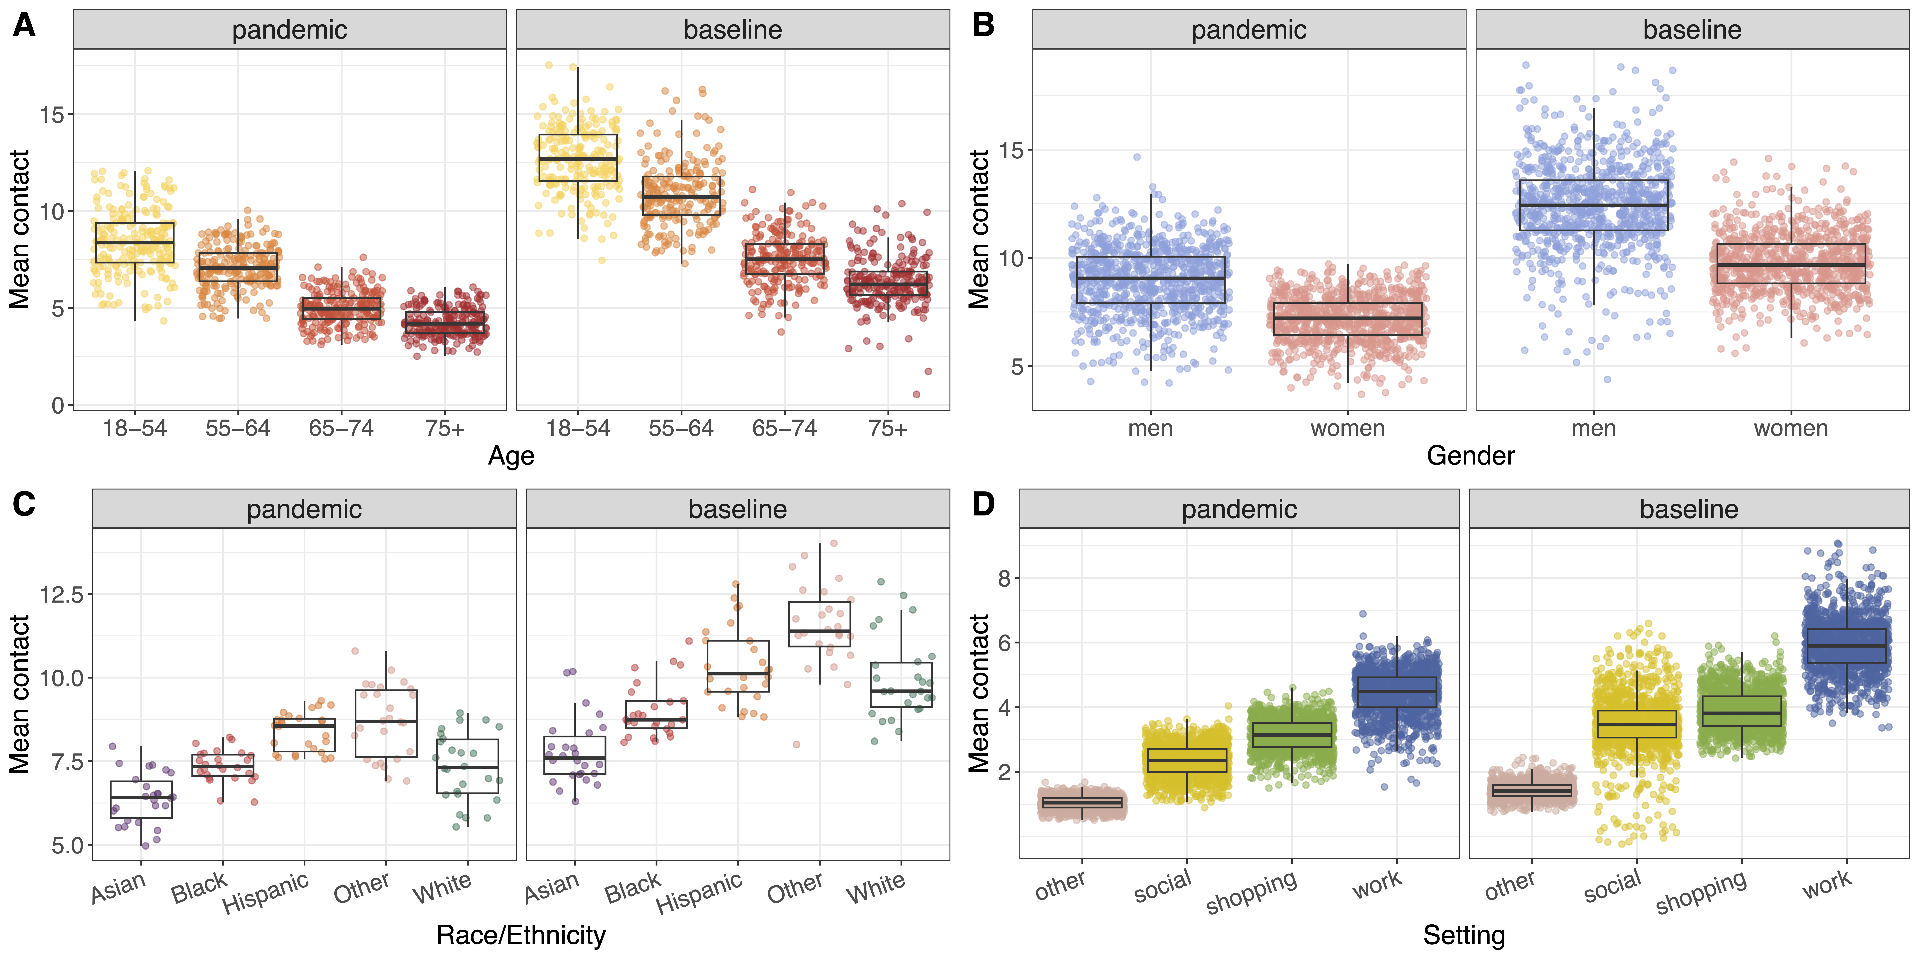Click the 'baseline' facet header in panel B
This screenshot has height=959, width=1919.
1692,30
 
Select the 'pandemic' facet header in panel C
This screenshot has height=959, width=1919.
304,509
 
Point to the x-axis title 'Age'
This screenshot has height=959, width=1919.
511,456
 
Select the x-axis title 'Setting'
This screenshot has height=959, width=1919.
1464,935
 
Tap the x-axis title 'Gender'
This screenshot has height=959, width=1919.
1471,456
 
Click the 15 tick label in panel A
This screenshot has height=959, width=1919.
52,115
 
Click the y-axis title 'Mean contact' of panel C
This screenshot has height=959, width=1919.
19,694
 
